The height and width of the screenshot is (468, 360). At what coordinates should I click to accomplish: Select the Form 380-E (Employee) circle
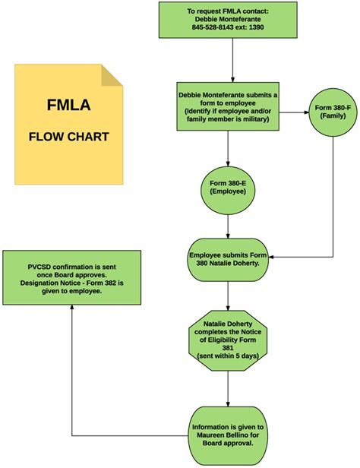tap(228, 187)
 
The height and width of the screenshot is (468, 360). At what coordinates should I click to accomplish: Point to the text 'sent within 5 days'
tap(228, 353)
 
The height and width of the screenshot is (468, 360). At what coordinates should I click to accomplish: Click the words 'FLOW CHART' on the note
tap(68, 138)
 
